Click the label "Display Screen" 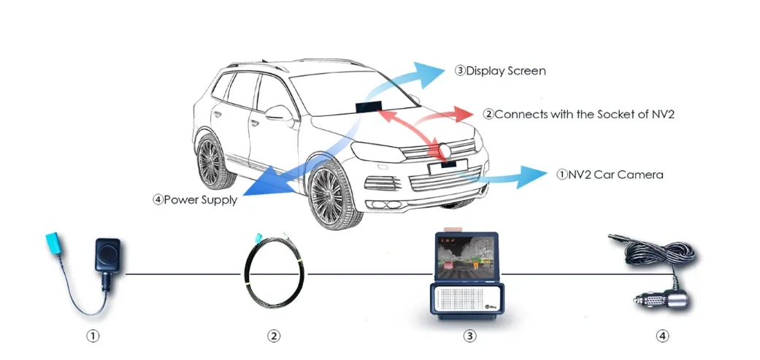coord(505,72)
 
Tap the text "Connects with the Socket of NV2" coord(584,115)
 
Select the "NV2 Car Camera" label coord(615,175)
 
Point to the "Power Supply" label coord(201,199)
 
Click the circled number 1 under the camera coord(93,335)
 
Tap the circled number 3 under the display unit coord(469,335)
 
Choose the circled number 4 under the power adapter coord(663,335)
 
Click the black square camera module coord(107,254)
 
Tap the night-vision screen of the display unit coord(467,256)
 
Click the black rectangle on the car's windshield coord(369,107)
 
